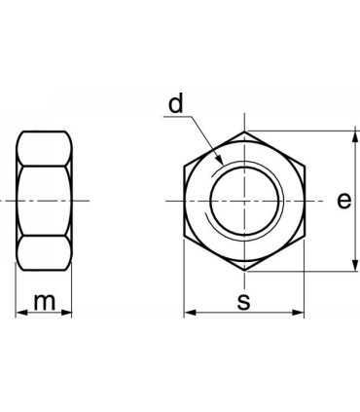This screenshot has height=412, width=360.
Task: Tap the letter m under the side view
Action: tap(44, 302)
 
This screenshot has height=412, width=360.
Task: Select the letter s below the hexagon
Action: tap(243, 302)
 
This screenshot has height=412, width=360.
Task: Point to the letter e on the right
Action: tap(342, 201)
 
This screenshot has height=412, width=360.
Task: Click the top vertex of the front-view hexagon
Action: tap(243, 131)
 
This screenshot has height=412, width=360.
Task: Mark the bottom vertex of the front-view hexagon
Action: tap(243, 271)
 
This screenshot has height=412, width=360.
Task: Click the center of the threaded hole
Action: tap(243, 201)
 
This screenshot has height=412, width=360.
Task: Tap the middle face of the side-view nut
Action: tap(44, 201)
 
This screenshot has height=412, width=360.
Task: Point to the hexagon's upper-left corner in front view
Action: tap(184, 167)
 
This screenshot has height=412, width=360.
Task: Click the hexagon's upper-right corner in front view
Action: tap(304, 167)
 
